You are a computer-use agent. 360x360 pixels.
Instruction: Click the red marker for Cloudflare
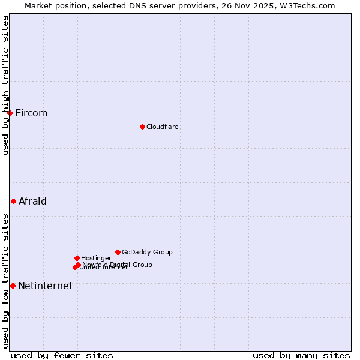[142, 127]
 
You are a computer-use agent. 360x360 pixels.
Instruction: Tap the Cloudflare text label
[162, 127]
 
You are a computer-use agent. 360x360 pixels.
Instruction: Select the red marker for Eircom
[10, 113]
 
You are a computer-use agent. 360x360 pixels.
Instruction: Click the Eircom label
[31, 113]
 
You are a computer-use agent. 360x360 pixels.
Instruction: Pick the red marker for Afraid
[13, 201]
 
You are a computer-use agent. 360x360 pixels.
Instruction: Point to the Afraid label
[32, 202]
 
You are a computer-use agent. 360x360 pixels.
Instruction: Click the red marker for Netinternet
[13, 286]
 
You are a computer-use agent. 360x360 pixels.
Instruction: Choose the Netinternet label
[45, 286]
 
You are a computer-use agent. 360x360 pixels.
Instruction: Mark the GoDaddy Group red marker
[118, 252]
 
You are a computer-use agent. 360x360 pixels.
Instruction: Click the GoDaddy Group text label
[147, 252]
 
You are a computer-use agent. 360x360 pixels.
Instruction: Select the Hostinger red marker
[77, 258]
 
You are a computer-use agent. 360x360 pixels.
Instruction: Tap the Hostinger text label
[96, 258]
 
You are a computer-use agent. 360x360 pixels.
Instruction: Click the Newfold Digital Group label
[118, 265]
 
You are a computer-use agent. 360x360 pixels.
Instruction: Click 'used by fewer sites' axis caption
[62, 355]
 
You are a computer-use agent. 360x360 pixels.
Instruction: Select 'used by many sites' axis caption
[301, 355]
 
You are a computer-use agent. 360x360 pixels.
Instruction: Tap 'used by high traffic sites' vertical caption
[5, 85]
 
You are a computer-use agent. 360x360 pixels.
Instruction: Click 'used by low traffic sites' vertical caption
[5, 280]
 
